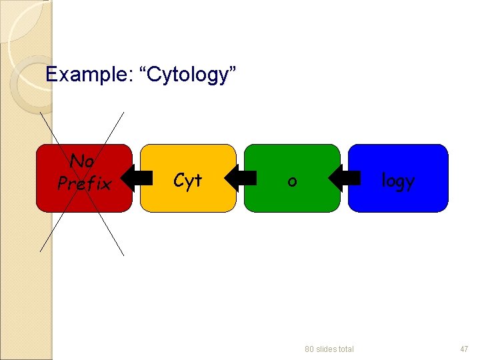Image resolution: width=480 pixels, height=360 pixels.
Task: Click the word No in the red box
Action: tap(82, 161)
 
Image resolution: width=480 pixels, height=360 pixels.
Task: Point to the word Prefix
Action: tap(84, 183)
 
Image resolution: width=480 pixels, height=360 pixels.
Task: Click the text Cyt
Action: tap(187, 180)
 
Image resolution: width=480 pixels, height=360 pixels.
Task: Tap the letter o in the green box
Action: tap(292, 181)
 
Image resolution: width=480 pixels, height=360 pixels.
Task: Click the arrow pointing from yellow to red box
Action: tap(137, 179)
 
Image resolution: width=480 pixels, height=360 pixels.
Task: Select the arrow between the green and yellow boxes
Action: tap(241, 179)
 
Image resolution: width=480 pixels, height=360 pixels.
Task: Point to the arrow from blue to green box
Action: tap(345, 179)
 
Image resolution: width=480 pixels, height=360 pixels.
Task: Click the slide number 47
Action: tap(464, 349)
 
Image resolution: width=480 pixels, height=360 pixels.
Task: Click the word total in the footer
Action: tap(344, 349)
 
